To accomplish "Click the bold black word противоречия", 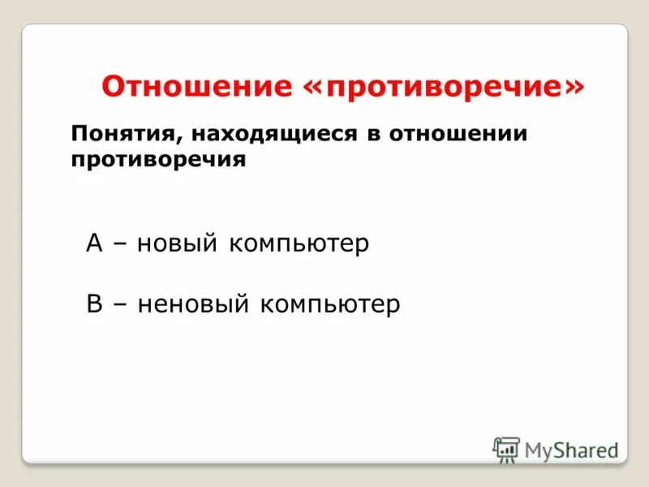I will click(x=158, y=159).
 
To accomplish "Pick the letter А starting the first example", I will click(x=95, y=243).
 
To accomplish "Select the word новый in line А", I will click(x=177, y=244).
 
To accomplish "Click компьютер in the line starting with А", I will click(x=299, y=244).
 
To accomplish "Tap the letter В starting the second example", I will click(x=95, y=304).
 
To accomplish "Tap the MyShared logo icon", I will click(x=506, y=450).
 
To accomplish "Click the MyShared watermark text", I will click(x=571, y=450).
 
